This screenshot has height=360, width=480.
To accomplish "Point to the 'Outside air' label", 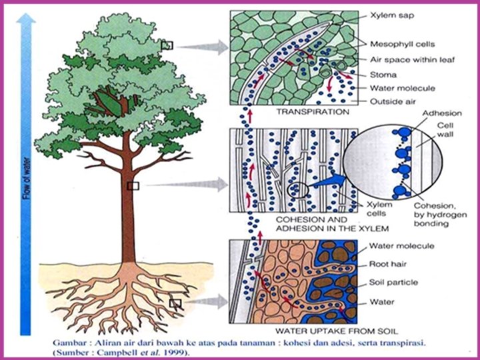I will [x=393, y=101].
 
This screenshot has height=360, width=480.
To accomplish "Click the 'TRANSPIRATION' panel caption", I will [x=313, y=112].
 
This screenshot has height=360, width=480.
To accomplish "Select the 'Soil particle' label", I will [x=394, y=282].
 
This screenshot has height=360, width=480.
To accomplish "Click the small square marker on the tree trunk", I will [x=133, y=186].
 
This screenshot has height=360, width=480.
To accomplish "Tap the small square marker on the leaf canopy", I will [x=167, y=45].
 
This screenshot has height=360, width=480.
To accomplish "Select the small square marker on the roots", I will [x=175, y=303].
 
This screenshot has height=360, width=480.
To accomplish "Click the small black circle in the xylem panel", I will [x=297, y=192].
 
